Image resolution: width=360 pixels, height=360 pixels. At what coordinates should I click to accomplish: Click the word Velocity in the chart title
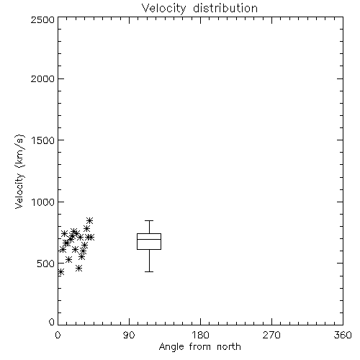[x=163, y=9]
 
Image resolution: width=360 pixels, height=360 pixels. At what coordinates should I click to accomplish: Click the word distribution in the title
[x=225, y=8]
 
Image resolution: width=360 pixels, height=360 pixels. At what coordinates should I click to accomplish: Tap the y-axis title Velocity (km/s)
[x=19, y=171]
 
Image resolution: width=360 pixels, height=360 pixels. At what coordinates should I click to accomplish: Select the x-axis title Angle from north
[x=199, y=347]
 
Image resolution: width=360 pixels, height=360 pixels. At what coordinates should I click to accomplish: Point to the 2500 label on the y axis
[x=42, y=19]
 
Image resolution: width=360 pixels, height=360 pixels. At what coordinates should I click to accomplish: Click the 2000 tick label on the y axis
[x=42, y=78]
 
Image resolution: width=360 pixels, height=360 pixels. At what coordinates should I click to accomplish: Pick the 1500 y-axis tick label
[x=43, y=140]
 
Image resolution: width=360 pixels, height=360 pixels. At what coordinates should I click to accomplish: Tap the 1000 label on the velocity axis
[x=43, y=202]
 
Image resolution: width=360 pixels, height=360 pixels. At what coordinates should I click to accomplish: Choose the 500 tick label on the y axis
[x=45, y=264]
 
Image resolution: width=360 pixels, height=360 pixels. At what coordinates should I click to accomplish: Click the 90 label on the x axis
[x=129, y=335]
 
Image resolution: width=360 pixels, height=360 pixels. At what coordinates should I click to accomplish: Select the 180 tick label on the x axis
[x=200, y=335]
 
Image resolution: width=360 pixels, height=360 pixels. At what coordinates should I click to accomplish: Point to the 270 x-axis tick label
[x=271, y=335]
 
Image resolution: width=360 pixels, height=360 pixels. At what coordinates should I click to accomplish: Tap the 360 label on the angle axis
[x=343, y=335]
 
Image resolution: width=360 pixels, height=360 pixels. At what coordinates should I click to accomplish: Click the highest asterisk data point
[x=89, y=220]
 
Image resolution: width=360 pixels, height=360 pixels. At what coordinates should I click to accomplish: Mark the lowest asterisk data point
[x=61, y=272]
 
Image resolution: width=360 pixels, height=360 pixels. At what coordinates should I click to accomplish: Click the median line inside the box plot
[x=149, y=239]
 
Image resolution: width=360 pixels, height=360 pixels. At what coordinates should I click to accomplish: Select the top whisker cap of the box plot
[x=149, y=220]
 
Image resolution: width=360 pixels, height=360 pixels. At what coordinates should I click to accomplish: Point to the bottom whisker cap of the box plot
[x=149, y=271]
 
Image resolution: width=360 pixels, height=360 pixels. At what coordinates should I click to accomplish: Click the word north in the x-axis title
[x=229, y=347]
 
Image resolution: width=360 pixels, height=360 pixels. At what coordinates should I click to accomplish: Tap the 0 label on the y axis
[x=52, y=322]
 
